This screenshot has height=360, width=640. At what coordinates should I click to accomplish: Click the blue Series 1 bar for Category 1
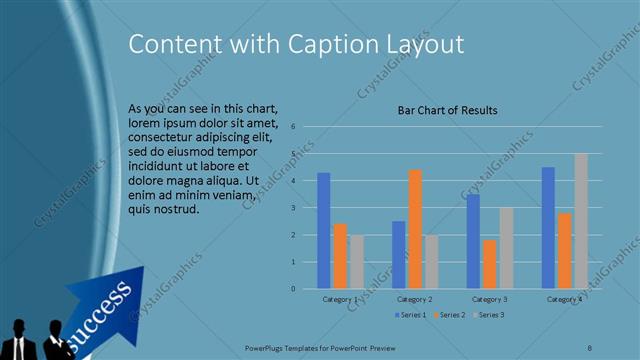[x=324, y=230]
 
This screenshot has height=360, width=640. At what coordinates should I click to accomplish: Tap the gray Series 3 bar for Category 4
[x=581, y=221]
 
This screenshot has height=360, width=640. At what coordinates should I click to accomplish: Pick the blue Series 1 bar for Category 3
[x=473, y=241]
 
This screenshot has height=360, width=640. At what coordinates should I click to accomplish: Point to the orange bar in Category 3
[x=490, y=264]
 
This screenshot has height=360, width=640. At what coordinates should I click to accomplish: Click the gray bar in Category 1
[x=357, y=261]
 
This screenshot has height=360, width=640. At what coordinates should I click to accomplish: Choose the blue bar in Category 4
[x=548, y=227]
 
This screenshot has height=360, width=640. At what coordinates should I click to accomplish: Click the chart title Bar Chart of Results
[x=447, y=110]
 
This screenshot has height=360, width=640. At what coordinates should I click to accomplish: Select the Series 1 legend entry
[x=411, y=314]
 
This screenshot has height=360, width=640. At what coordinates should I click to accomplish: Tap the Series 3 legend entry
[x=489, y=314]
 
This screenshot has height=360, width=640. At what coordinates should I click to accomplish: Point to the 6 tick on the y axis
[x=293, y=127]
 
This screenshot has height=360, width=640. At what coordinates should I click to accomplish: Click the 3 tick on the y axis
[x=293, y=208]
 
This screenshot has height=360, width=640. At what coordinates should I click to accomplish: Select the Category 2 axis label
[x=414, y=299]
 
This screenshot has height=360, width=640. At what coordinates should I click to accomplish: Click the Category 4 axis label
[x=565, y=299]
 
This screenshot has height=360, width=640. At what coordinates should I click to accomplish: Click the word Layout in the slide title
[x=428, y=44]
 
